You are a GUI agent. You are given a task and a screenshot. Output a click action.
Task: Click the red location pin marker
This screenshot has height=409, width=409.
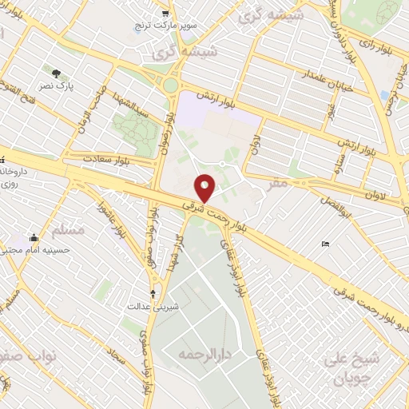(x=206, y=188)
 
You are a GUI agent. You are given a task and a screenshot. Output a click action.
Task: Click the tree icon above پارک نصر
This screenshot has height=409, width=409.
(x=56, y=73)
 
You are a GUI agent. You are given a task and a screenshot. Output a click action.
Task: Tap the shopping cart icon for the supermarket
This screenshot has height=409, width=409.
(x=165, y=13)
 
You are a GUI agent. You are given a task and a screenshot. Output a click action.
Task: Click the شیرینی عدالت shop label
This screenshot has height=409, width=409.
(x=145, y=306)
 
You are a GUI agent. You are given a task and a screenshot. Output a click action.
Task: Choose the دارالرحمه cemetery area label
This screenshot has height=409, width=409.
(x=200, y=352)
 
